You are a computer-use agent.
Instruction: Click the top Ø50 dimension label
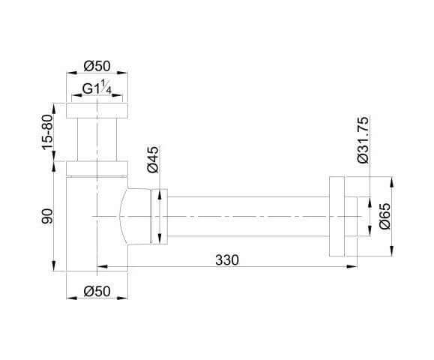click(97, 66)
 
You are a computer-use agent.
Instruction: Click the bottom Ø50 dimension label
click(97, 291)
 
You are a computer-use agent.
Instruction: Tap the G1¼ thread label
click(97, 87)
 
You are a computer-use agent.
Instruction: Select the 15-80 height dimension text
click(47, 132)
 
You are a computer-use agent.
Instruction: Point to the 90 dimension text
click(47, 216)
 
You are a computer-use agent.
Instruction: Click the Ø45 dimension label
click(153, 160)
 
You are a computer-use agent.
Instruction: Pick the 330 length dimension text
click(227, 260)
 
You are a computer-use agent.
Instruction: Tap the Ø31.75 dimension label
click(363, 139)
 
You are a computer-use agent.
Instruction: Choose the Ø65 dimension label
click(385, 216)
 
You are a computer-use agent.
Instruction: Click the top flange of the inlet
click(97, 110)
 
